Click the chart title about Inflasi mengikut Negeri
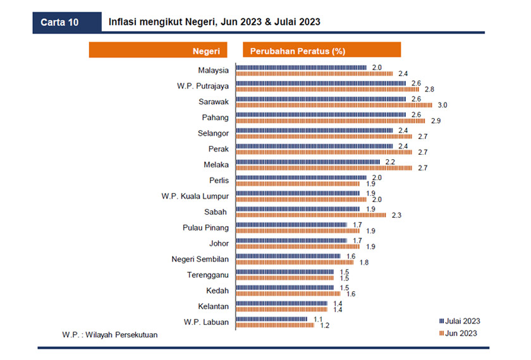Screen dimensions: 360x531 point(214,22)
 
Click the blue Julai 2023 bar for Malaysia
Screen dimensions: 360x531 point(302,67)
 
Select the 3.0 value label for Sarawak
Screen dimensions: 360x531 point(442,105)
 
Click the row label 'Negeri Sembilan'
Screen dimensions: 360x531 point(200,259)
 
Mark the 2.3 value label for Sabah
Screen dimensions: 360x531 point(396,215)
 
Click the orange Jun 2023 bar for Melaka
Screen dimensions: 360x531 point(324,167)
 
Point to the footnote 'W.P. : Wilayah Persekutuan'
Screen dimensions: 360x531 point(109,335)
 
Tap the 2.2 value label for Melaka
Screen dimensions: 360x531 point(390,162)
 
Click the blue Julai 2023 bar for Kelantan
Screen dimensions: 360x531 point(281,304)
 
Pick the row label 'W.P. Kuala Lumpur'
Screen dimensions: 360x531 point(195,196)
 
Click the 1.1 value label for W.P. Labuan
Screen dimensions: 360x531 point(319,320)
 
